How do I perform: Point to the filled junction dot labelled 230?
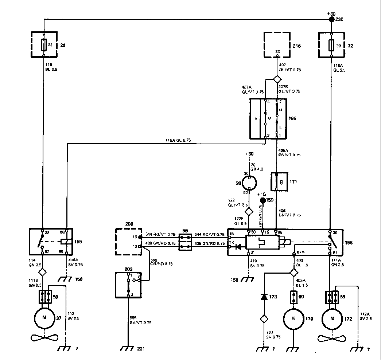point(331,19)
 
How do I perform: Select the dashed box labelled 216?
point(277,44)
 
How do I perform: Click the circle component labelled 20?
point(249,183)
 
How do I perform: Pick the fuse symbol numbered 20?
point(331,45)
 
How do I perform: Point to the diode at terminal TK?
point(238,247)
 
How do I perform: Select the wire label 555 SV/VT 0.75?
point(140,320)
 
